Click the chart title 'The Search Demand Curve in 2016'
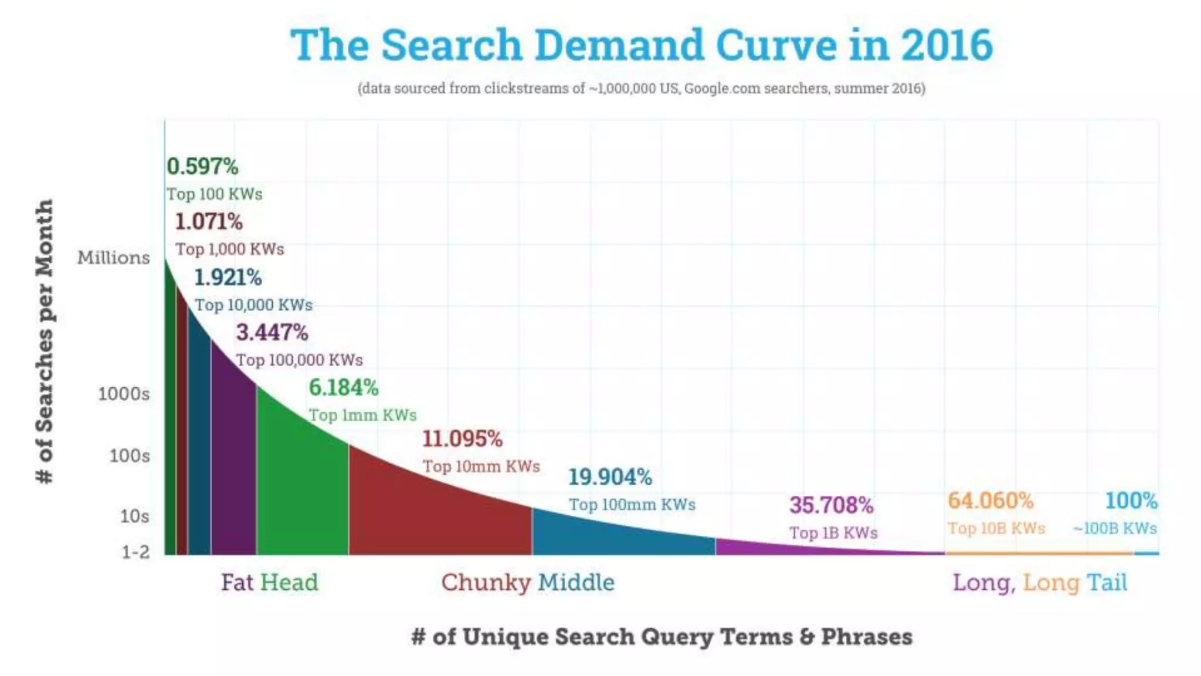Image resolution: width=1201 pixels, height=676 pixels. tap(642, 45)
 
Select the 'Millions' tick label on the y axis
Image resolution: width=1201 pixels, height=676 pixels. tap(114, 258)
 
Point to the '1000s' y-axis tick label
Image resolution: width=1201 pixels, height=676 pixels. tap(124, 394)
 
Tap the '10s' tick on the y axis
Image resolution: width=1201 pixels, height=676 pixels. tap(135, 516)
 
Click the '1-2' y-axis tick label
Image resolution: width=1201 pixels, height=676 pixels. tap(135, 552)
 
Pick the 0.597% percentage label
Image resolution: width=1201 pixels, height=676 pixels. tap(202, 167)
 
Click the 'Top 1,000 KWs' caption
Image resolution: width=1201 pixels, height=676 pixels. tap(230, 249)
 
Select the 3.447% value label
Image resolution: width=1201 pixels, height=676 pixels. tap(272, 333)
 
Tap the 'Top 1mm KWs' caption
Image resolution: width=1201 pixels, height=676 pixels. tap(362, 415)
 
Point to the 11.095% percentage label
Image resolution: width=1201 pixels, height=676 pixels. tap(463, 439)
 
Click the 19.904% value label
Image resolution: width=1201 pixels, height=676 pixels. tap(610, 477)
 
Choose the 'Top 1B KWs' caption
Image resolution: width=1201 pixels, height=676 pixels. tap(833, 533)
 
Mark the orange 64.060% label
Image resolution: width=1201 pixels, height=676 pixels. tap(990, 501)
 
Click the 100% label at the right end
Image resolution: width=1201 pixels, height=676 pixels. tap(1131, 501)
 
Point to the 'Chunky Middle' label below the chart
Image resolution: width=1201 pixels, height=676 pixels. tap(528, 583)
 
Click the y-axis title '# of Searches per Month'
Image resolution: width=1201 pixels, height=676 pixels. tap(45, 342)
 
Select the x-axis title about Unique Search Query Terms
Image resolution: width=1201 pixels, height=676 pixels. tap(662, 637)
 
